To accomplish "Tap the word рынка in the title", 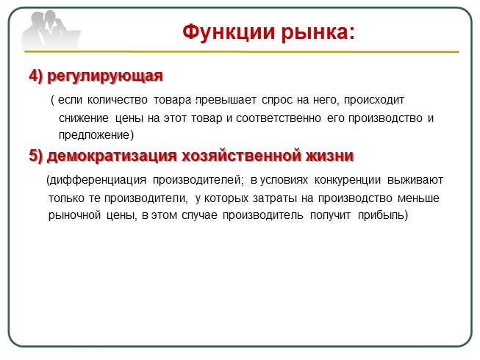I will (317, 32).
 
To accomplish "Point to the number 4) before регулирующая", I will (37, 76).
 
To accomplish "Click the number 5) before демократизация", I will (37, 156).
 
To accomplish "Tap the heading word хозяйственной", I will (243, 156).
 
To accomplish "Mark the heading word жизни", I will (329, 156).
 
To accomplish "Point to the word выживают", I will (419, 180).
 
